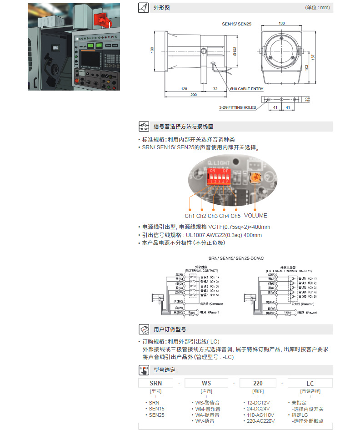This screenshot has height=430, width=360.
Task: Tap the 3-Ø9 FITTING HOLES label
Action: coord(237,108)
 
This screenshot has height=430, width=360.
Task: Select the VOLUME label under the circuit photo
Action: coord(255,216)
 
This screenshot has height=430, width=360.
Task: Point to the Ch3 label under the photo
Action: coord(212,216)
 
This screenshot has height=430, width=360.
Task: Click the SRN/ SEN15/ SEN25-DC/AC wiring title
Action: coord(236,258)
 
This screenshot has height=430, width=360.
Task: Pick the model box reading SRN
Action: coord(155,383)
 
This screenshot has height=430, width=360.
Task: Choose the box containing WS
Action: coord(206,383)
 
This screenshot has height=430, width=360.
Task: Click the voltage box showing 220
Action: coord(258,383)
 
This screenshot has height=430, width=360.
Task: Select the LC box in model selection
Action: coord(310,383)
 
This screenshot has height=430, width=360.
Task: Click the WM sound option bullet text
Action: coord(207,409)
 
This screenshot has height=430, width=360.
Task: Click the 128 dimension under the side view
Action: coord(184,88)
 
